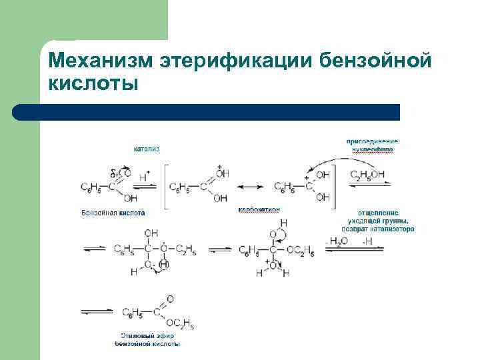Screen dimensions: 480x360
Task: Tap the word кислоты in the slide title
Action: (x=93, y=85)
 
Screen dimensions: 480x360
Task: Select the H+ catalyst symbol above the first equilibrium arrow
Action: (x=143, y=172)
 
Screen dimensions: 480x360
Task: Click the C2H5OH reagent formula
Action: (x=367, y=174)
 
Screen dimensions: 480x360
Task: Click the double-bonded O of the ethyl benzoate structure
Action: (x=170, y=299)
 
